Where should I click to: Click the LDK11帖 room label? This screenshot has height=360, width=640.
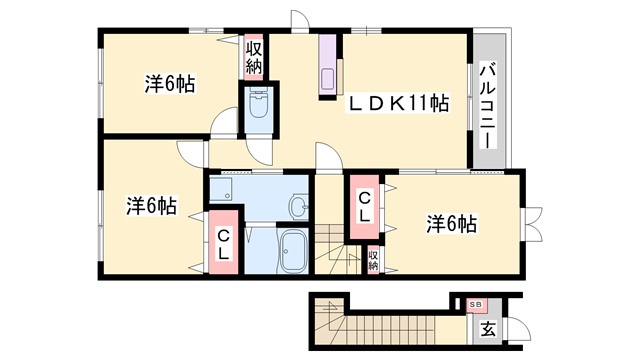397,104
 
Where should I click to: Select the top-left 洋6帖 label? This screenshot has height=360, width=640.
168,85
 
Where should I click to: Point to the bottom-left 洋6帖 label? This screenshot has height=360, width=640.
151,207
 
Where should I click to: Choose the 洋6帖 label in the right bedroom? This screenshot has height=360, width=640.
450,223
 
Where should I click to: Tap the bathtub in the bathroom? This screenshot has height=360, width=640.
293,249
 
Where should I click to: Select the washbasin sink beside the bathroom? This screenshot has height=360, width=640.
298,207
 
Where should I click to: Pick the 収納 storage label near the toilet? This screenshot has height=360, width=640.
254,57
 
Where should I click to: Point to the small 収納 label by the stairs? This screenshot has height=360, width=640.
373,260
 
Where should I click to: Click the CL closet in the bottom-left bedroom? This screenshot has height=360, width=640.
223,242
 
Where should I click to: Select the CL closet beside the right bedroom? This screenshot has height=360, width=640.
363,207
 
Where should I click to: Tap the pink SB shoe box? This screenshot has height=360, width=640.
476,304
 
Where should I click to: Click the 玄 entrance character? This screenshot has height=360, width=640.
487,328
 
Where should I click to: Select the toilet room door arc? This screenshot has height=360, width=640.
259,150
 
